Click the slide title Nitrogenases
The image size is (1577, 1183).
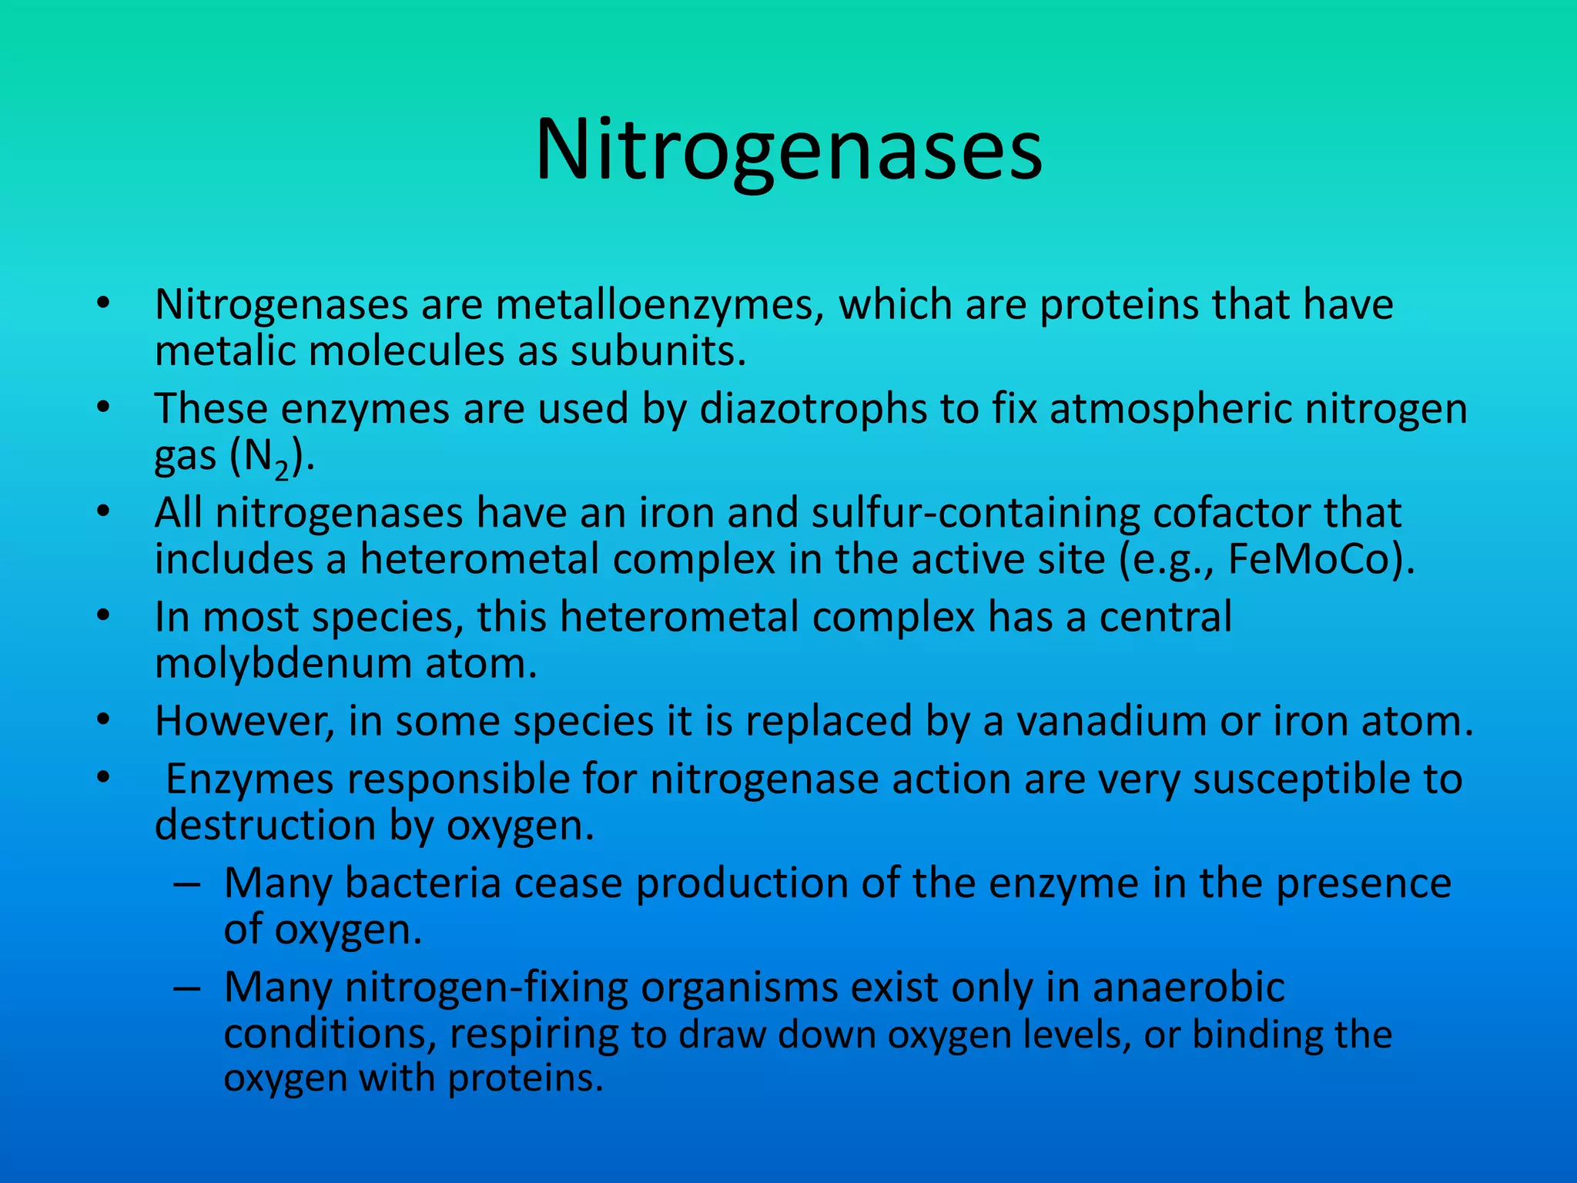point(788,150)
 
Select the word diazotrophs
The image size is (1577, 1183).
point(812,408)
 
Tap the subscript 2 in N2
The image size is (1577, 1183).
point(282,471)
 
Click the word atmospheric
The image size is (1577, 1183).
point(1170,408)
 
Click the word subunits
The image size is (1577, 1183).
point(658,352)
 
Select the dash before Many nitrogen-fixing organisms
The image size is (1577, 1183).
point(187,988)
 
